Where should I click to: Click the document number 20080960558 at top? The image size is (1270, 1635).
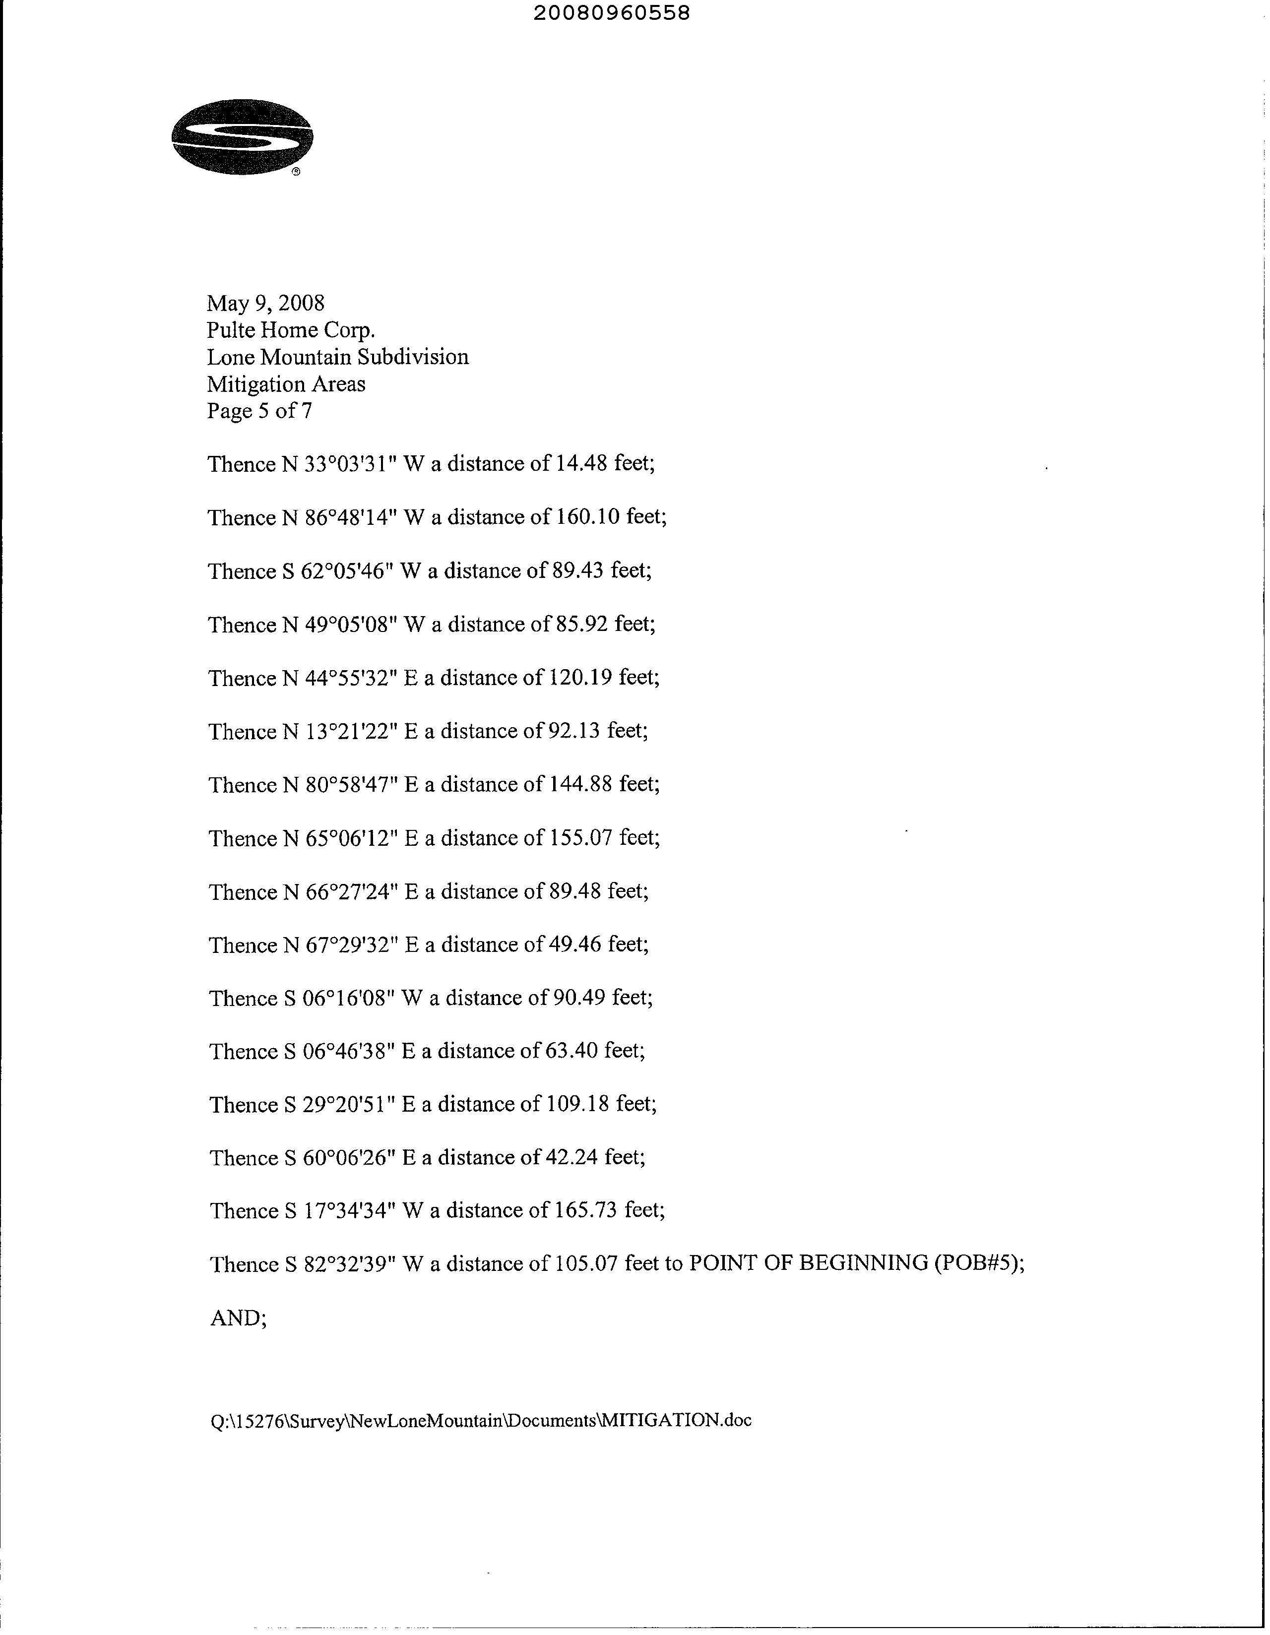pyautogui.click(x=612, y=13)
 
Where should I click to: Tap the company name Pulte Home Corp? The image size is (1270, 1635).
pyautogui.click(x=291, y=330)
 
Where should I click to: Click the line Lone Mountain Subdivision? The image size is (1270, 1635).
pyautogui.click(x=338, y=357)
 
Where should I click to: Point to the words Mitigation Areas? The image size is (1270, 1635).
pyautogui.click(x=286, y=384)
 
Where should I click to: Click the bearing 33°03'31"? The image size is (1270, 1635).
pyautogui.click(x=350, y=464)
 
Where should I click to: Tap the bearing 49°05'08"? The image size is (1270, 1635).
pyautogui.click(x=350, y=625)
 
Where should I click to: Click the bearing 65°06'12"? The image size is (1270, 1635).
pyautogui.click(x=350, y=838)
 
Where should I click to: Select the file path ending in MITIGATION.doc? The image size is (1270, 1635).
pyautogui.click(x=481, y=1420)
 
